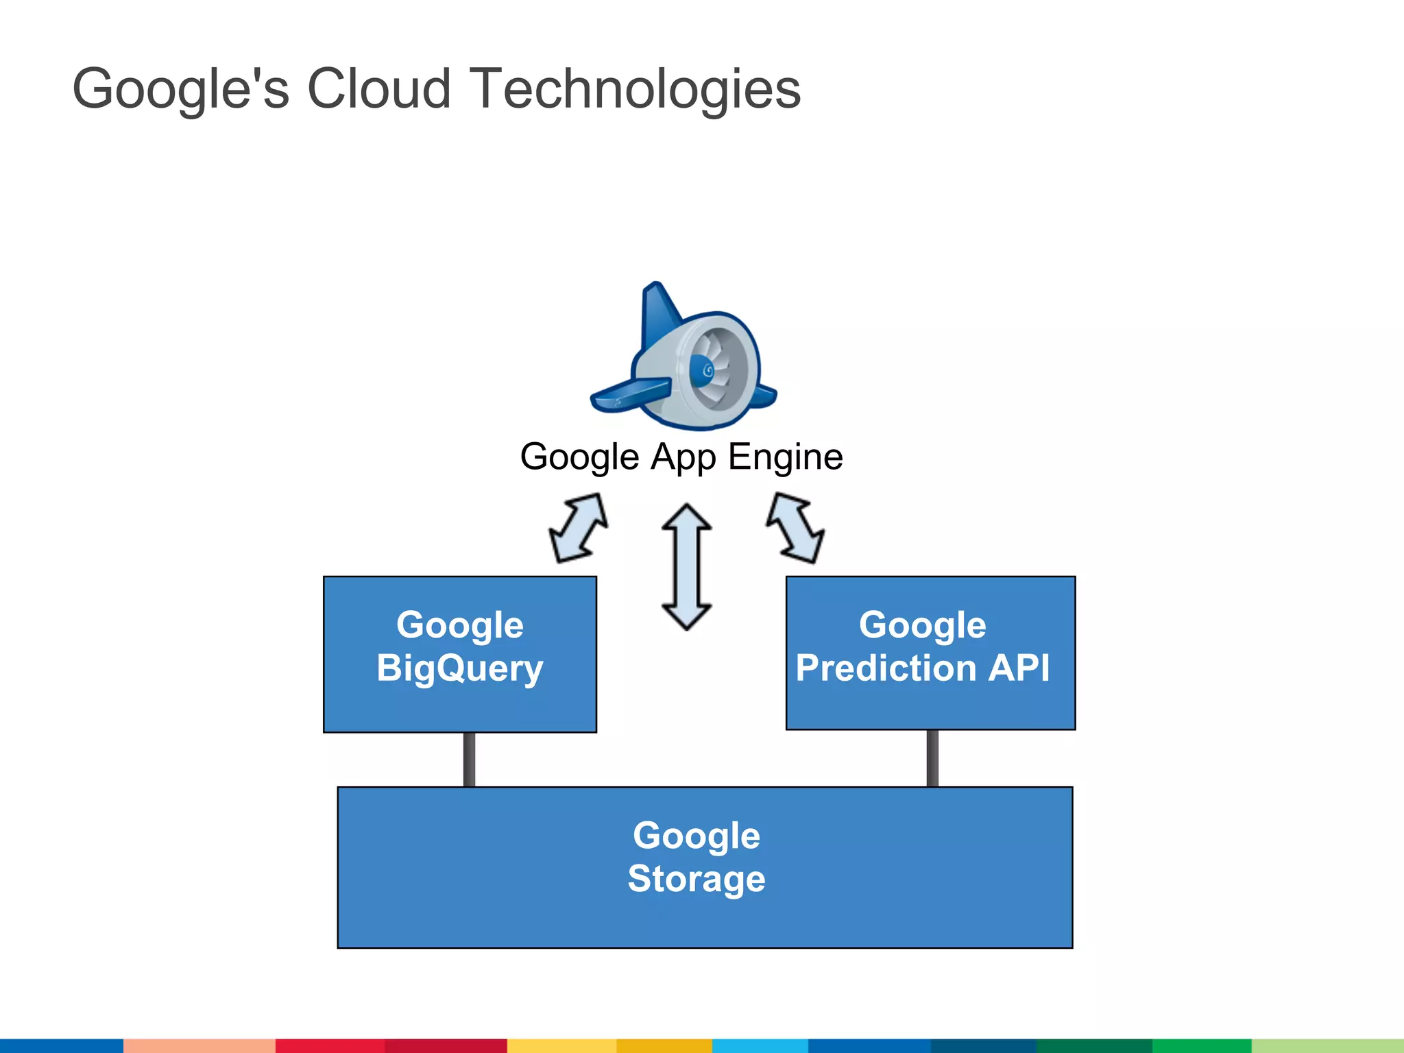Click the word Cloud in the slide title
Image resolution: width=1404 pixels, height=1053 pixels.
coord(378,89)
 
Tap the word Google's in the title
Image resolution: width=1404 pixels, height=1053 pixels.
coord(181,89)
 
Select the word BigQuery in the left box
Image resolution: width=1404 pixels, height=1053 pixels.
coord(459,668)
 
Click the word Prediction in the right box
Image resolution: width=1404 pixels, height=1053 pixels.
coord(886,668)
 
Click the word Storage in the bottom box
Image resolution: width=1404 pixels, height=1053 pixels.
coord(696,879)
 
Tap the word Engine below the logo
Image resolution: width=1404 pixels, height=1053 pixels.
coord(785,457)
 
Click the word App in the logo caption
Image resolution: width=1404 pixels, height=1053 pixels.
coord(683,457)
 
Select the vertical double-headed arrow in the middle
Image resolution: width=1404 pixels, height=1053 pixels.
coord(686,567)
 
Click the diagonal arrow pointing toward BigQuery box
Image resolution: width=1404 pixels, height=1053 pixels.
coord(579,528)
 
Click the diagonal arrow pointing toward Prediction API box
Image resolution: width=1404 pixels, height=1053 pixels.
coord(795,528)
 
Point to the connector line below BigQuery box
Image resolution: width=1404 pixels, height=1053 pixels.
coord(469,760)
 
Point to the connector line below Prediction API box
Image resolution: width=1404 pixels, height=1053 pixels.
coord(932,758)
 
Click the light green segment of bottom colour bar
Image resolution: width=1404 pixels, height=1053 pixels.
coord(1327,1045)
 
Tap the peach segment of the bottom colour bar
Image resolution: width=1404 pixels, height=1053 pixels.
coord(199,1045)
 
